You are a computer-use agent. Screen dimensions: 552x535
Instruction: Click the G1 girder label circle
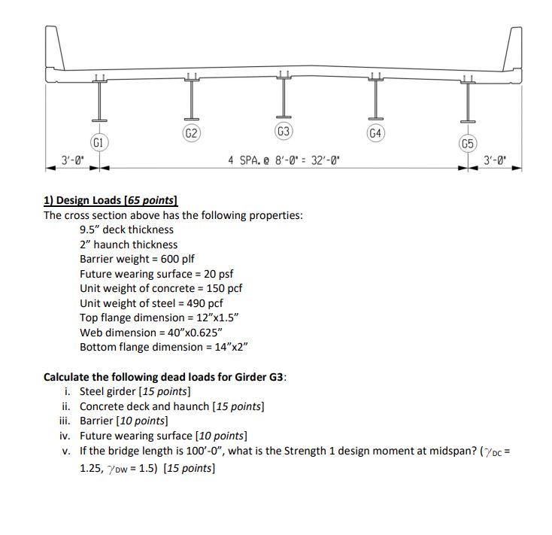point(99,141)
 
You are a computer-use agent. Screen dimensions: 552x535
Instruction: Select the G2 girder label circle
point(192,133)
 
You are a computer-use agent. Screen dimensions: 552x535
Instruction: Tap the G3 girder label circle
point(284,132)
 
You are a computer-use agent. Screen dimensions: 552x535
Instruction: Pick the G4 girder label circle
point(376,133)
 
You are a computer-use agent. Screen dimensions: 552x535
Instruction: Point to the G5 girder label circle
point(468,142)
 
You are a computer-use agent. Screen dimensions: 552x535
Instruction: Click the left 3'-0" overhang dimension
point(73,160)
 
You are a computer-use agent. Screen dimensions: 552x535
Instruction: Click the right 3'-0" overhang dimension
point(495,160)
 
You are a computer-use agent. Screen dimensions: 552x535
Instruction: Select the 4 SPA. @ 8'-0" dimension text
point(283,160)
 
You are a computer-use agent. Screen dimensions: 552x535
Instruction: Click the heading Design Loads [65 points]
point(110,200)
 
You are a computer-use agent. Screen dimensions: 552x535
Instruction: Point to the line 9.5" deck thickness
point(126,230)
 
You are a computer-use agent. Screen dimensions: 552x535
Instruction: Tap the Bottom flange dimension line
point(164,347)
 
